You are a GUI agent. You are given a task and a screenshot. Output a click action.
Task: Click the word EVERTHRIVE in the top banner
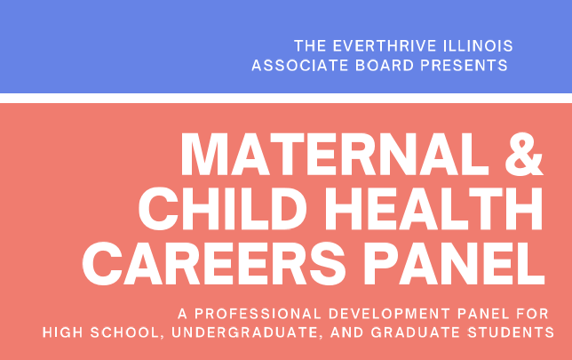tap(385, 46)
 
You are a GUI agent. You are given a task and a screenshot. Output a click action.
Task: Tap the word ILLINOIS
tap(478, 46)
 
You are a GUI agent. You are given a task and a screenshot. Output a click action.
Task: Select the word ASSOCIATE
tap(300, 66)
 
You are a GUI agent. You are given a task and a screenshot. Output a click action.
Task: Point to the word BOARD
tap(385, 66)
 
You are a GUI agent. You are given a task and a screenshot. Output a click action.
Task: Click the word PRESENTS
tap(464, 66)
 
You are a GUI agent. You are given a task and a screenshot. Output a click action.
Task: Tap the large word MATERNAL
tap(335, 155)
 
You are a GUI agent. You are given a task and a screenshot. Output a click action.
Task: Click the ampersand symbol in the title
tap(524, 155)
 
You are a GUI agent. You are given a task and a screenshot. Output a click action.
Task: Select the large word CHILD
tap(223, 209)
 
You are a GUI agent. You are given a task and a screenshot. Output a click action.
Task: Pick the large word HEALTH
tap(433, 209)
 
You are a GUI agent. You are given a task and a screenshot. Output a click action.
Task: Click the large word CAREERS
tap(214, 263)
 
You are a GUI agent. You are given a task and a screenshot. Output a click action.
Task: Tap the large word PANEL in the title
tap(454, 263)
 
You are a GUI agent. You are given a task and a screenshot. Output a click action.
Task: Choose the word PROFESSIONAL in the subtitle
tap(258, 314)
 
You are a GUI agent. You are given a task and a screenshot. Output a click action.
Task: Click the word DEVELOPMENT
tap(389, 314)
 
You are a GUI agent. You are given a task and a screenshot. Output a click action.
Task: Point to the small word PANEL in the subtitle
tap(483, 314)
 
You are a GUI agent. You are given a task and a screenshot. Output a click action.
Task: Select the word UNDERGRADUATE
tap(247, 332)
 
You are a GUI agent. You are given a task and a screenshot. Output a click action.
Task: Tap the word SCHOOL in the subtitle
tap(124, 332)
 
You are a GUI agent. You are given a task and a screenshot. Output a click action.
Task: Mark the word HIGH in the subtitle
tap(63, 332)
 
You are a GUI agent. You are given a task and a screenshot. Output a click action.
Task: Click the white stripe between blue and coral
tap(286, 98)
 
